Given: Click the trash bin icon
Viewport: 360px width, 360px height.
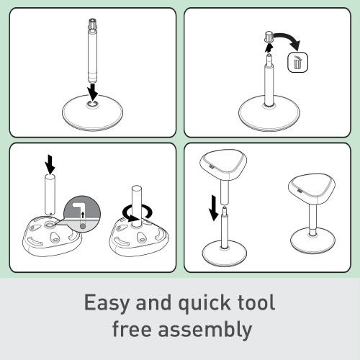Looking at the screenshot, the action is [x=297, y=63].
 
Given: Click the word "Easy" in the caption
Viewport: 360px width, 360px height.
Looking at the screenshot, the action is [x=107, y=303].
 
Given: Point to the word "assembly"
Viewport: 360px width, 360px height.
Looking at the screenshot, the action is [x=205, y=330].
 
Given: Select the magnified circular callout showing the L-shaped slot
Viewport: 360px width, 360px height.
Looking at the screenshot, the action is [x=82, y=214].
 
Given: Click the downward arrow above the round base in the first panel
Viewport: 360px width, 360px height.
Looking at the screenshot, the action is [x=93, y=92].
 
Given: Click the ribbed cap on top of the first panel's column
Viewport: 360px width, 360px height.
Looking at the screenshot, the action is [x=93, y=24].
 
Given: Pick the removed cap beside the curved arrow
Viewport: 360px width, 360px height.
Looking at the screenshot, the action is [x=269, y=37].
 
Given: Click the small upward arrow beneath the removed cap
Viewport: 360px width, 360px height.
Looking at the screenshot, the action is [x=269, y=48].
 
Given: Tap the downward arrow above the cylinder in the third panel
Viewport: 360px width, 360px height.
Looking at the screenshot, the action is [x=50, y=164].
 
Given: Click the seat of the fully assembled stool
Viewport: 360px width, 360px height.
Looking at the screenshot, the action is [x=312, y=189].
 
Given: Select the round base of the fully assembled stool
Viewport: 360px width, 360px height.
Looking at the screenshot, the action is [x=312, y=240].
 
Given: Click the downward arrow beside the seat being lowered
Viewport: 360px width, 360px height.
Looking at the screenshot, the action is [x=214, y=208].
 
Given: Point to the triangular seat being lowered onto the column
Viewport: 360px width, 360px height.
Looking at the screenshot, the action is [x=223, y=165].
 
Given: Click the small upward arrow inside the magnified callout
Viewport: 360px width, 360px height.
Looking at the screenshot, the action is [x=83, y=215].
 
